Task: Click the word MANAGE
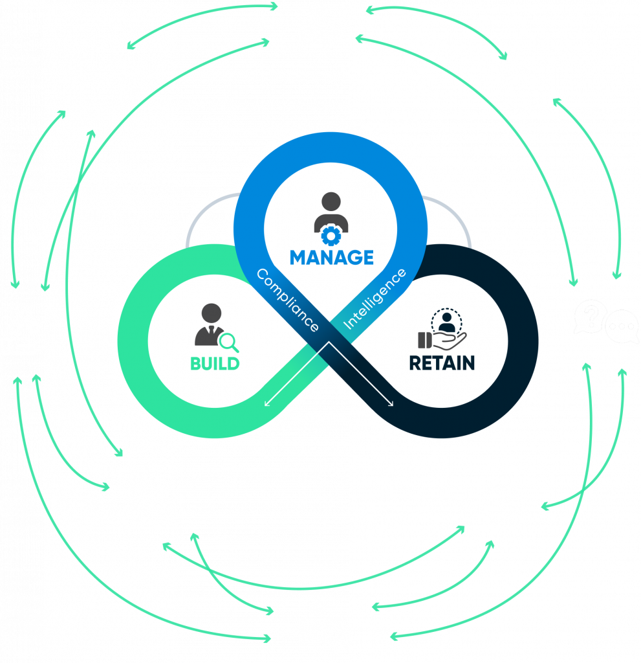coord(331,257)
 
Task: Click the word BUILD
coord(215,363)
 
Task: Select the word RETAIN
coord(442,363)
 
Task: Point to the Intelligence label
coord(375,299)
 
